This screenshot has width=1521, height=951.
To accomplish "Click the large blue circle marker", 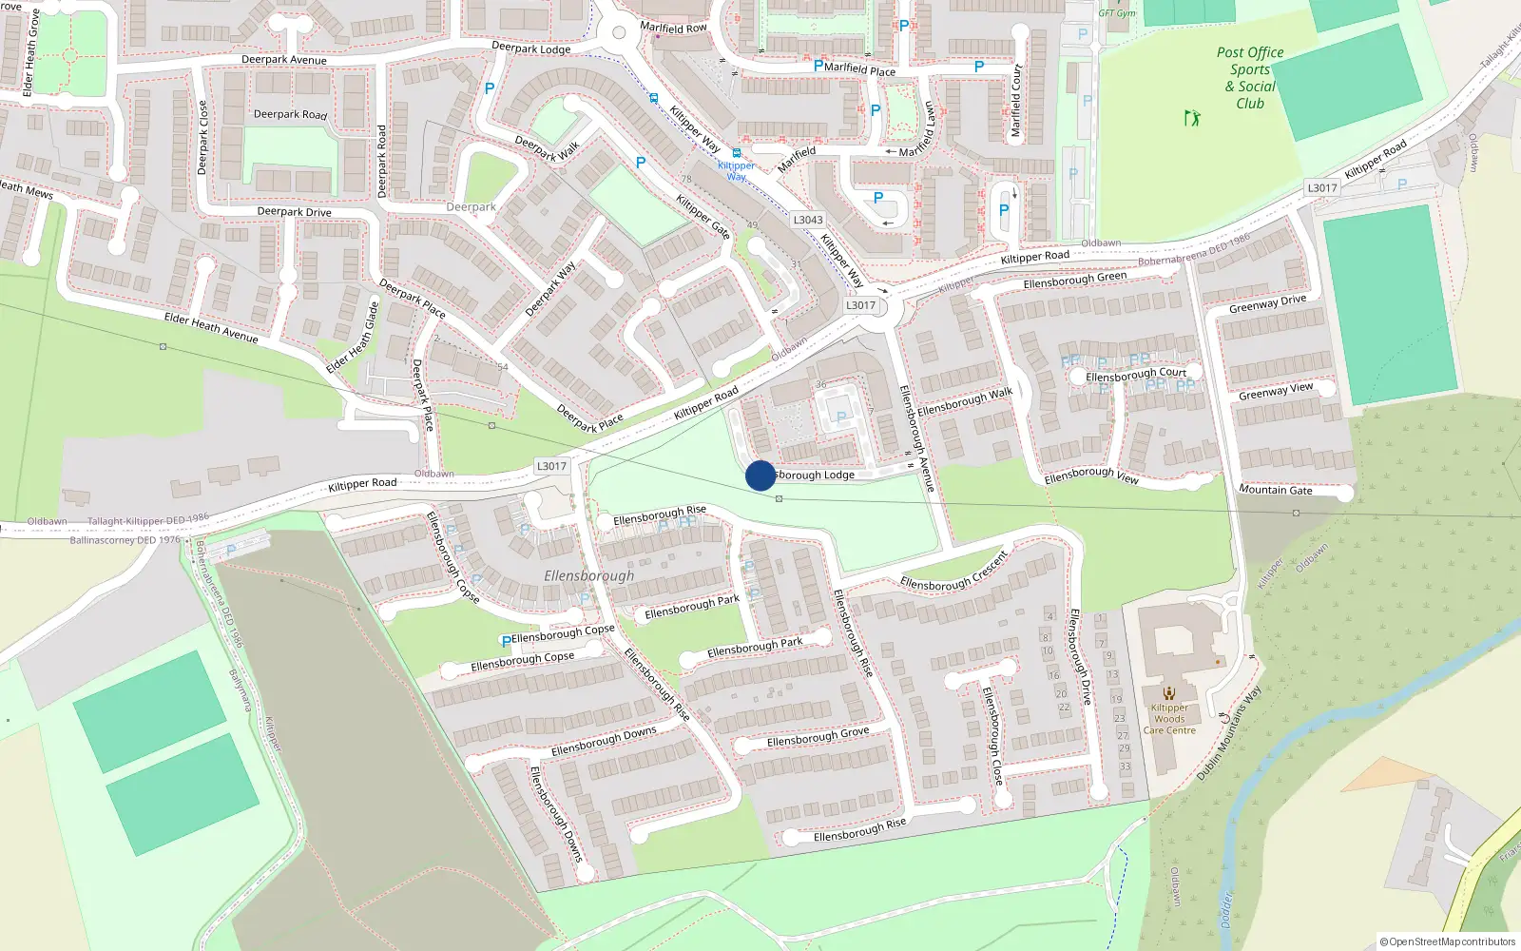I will (760, 475).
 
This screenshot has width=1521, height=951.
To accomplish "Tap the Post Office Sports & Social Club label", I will (1250, 78).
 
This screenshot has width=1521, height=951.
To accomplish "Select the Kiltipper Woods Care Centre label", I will (1169, 719).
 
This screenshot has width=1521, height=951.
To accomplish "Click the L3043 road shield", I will (808, 220).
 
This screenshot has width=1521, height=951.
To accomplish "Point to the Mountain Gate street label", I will (1275, 490).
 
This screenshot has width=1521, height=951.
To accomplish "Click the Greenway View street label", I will (1275, 391).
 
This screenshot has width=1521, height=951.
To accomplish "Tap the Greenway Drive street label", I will (1267, 303).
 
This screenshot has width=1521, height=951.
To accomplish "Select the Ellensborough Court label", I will (1136, 375).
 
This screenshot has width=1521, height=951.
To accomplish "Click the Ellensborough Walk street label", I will (965, 401).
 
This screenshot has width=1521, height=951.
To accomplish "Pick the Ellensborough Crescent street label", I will (953, 572).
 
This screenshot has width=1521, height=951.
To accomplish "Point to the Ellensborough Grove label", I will (818, 737).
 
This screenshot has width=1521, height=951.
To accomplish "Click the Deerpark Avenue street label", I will (284, 60).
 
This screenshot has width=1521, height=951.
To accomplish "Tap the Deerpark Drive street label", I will (294, 212).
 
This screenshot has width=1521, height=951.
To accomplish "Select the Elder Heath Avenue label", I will (211, 327).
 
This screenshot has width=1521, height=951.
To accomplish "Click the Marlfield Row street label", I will (673, 28).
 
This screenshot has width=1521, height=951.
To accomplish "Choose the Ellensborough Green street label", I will (1074, 280).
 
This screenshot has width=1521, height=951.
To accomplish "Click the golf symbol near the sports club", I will (1191, 118).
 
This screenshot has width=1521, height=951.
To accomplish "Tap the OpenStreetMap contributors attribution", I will (1447, 941).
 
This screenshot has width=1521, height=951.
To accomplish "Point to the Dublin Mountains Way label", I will (1228, 734).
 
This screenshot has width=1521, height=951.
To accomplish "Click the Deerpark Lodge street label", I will (531, 48).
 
